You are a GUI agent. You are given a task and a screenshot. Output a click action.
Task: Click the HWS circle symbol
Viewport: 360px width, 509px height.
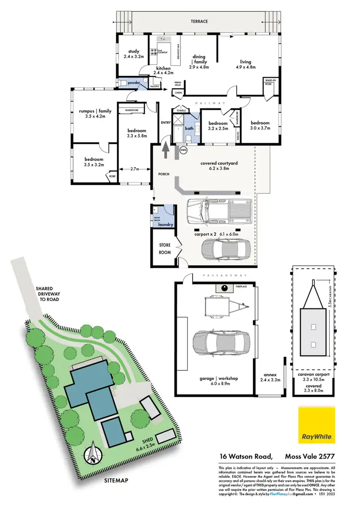pos(183,150)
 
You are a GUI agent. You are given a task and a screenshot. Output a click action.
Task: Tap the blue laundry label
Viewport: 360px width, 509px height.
pos(165,224)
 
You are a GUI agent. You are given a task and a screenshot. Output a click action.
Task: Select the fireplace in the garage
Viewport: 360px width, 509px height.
pos(223,288)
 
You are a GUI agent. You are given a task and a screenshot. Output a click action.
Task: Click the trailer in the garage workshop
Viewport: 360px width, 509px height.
pos(224,306)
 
